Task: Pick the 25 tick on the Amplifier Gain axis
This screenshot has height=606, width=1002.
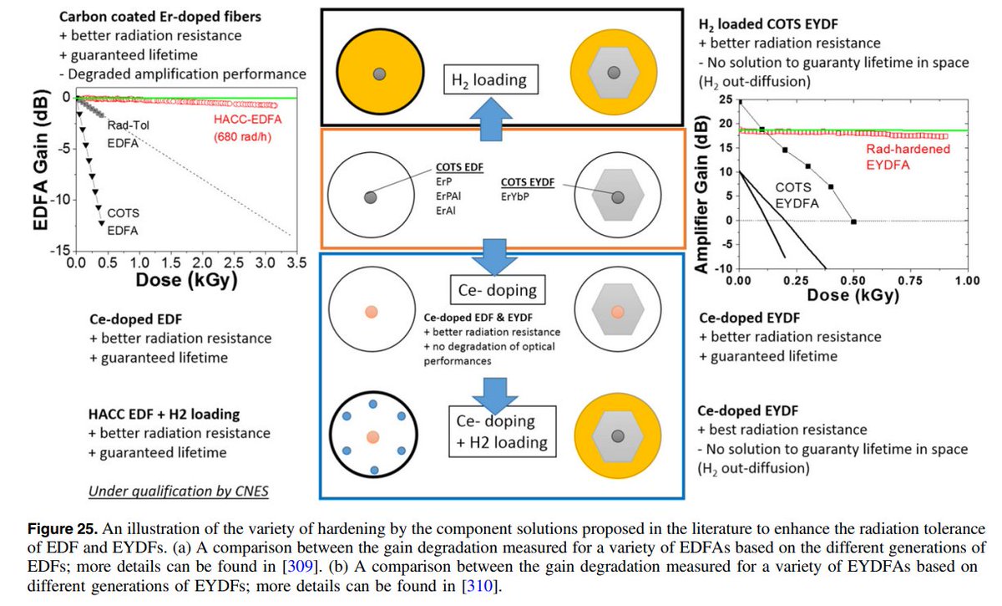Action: tap(725, 101)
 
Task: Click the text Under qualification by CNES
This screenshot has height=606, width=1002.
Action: tap(179, 491)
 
